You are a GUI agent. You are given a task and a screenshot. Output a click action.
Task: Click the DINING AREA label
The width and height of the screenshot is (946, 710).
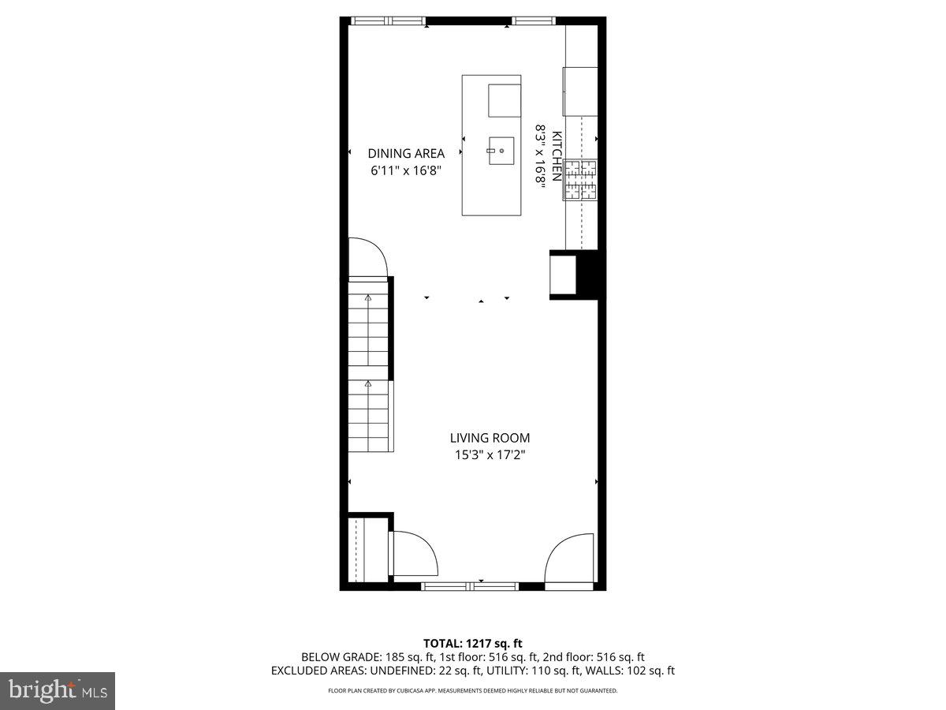406,154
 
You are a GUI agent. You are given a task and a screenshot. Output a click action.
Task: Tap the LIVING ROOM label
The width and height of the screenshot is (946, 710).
490,438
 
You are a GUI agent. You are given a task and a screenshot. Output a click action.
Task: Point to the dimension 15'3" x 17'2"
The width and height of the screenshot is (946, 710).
490,454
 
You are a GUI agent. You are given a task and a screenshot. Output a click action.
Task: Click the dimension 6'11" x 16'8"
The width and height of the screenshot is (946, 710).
406,170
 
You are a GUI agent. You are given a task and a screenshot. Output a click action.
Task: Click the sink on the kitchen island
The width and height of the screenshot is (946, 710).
501,151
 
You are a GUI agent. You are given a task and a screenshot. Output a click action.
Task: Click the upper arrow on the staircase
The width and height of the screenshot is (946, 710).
368,297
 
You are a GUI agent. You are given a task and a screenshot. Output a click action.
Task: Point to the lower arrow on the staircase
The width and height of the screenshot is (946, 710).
368,383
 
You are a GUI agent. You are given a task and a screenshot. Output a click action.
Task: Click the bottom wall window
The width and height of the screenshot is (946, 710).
470,586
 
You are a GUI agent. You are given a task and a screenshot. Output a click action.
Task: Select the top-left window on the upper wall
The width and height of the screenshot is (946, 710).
388,21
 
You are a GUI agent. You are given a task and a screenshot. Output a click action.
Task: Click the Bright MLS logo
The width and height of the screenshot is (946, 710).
58,690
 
